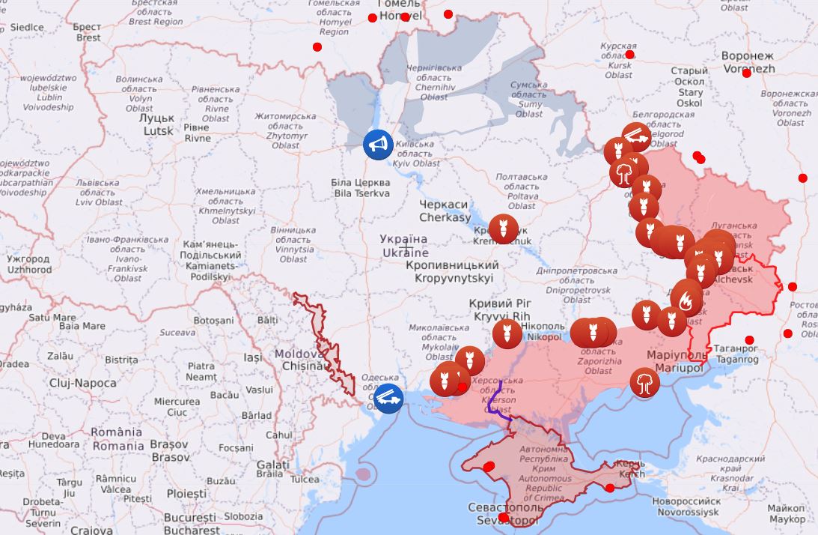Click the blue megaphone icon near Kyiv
(378, 144)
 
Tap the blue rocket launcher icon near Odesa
(388, 397)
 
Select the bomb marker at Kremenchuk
(503, 229)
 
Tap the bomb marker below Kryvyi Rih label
(507, 333)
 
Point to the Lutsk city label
(158, 124)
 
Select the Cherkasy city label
(445, 211)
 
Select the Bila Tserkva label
(361, 187)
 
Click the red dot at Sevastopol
(504, 518)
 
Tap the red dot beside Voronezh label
(746, 73)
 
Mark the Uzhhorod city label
(28, 264)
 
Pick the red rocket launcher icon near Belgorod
(635, 137)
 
